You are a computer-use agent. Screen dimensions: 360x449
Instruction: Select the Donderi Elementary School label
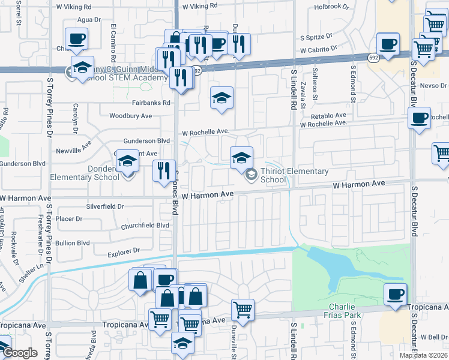pyautogui.click(x=93, y=173)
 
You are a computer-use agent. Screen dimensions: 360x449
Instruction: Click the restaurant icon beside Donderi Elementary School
pyautogui.click(x=163, y=171)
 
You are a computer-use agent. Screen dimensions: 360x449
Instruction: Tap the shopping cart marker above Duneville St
pyautogui.click(x=243, y=310)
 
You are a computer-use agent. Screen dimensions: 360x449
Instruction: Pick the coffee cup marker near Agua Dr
pyautogui.click(x=77, y=40)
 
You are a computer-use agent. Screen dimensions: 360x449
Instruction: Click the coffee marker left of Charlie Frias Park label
pyautogui.click(x=395, y=294)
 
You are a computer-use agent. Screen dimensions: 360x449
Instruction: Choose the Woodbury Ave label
pyautogui.click(x=130, y=116)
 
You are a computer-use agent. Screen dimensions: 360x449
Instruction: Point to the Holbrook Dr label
pyautogui.click(x=331, y=7)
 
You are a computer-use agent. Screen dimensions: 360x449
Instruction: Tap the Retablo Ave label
pyautogui.click(x=328, y=115)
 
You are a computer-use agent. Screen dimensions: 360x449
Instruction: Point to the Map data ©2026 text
pyautogui.click(x=423, y=355)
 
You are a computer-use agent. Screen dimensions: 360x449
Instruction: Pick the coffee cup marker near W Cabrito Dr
pyautogui.click(x=388, y=44)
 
